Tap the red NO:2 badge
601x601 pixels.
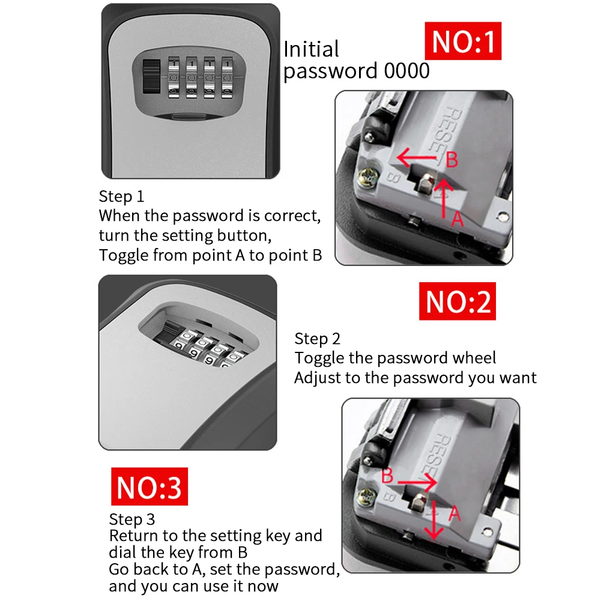[458, 301]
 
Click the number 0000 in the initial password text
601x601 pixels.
[406, 71]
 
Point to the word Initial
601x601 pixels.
[311, 49]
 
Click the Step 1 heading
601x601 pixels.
[121, 196]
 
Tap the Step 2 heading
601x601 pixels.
[318, 339]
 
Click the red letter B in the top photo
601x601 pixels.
[452, 160]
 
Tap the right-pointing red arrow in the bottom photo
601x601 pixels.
[416, 482]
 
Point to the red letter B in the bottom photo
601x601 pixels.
[388, 476]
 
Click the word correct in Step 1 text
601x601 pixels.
[294, 216]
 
